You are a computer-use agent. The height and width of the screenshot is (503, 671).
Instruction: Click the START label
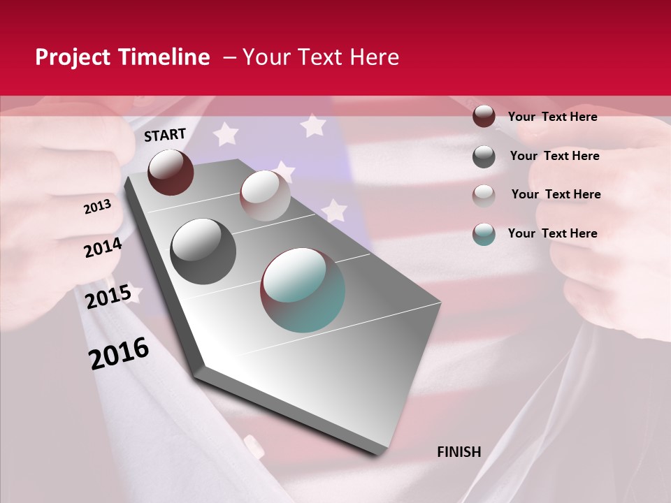(165, 135)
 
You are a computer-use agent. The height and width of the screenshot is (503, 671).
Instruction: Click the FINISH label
(459, 452)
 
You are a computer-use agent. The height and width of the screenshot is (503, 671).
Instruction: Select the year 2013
(97, 207)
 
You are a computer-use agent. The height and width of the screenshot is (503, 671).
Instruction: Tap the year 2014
(103, 247)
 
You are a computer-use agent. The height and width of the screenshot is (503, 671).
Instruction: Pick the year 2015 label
(108, 297)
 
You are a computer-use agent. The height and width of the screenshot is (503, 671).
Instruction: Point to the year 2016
(119, 353)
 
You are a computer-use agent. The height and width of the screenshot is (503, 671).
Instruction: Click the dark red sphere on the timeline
(171, 172)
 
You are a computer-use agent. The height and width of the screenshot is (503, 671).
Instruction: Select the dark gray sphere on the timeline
(203, 251)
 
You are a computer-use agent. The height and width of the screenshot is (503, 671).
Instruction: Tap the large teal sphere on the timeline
(303, 290)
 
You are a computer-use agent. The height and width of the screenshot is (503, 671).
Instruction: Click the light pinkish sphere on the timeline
(265, 196)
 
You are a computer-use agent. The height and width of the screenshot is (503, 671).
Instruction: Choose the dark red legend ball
(484, 116)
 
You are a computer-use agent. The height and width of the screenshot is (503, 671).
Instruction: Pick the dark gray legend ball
(484, 156)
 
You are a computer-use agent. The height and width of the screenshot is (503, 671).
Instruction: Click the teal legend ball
(484, 234)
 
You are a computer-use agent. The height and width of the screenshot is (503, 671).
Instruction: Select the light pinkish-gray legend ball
(484, 196)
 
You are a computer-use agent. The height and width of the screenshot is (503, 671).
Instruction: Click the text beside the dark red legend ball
(552, 117)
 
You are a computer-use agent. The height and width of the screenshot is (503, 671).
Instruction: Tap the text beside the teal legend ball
(552, 233)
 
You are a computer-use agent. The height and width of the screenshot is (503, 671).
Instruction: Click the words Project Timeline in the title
(122, 57)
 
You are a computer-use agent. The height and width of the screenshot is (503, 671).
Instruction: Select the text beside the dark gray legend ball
(554, 156)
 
